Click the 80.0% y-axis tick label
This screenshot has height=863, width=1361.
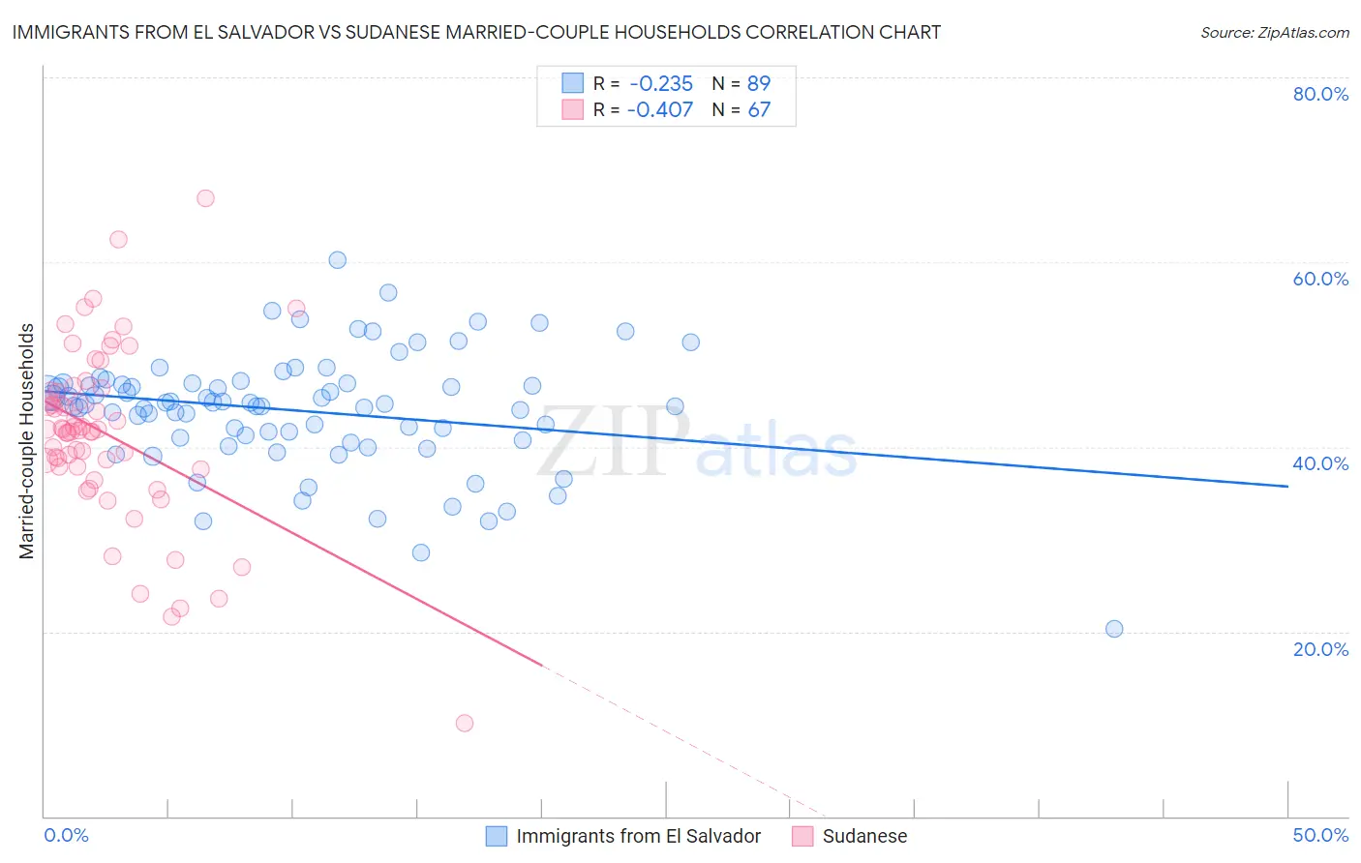click(x=1320, y=94)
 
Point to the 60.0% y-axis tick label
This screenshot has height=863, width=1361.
click(x=1320, y=279)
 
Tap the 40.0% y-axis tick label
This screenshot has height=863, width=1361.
click(x=1320, y=463)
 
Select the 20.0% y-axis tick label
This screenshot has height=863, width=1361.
click(x=1320, y=648)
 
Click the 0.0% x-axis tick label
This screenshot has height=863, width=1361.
click(x=66, y=835)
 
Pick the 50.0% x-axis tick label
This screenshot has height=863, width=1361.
click(x=1320, y=835)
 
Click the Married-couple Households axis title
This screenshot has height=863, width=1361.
click(x=27, y=441)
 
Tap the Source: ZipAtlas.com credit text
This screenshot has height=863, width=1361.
click(x=1274, y=32)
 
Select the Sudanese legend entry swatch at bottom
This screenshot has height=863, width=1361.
click(x=802, y=836)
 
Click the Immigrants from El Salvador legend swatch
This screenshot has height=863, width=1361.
click(x=497, y=836)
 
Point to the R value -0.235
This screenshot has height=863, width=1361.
click(x=660, y=83)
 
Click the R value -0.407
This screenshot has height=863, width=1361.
click(x=660, y=109)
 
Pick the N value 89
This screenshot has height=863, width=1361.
click(x=759, y=83)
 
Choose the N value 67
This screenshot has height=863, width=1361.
click(x=759, y=109)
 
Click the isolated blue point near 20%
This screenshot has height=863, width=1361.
click(x=1114, y=629)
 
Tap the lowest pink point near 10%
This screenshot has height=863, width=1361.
click(x=465, y=723)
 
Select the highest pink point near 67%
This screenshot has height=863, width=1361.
click(x=205, y=198)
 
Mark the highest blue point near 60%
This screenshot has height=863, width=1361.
click(x=338, y=259)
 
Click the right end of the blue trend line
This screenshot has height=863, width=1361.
click(x=1287, y=486)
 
